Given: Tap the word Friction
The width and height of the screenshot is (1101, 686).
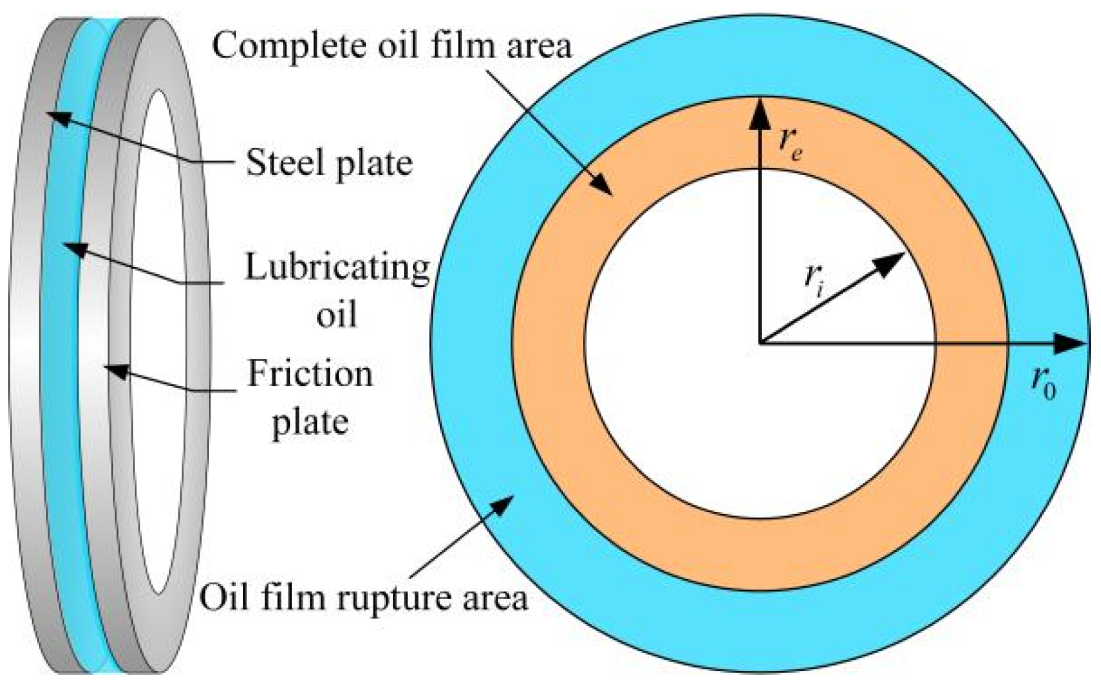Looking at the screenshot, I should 310,375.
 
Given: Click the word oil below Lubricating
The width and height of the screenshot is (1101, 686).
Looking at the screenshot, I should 337,315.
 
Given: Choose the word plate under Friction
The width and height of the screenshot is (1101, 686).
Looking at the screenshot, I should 310,422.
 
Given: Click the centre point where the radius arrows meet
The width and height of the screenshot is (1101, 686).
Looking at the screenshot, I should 761,343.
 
